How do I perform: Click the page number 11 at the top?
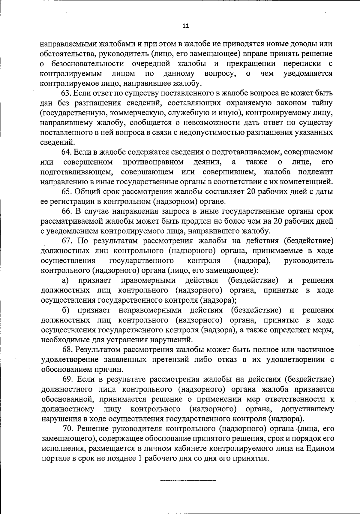click(185, 26)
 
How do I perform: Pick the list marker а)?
click(66, 280)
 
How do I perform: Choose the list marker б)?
click(66, 310)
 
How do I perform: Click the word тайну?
click(321, 103)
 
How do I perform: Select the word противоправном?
click(153, 162)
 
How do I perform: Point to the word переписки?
click(302, 64)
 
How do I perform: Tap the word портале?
click(53, 458)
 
